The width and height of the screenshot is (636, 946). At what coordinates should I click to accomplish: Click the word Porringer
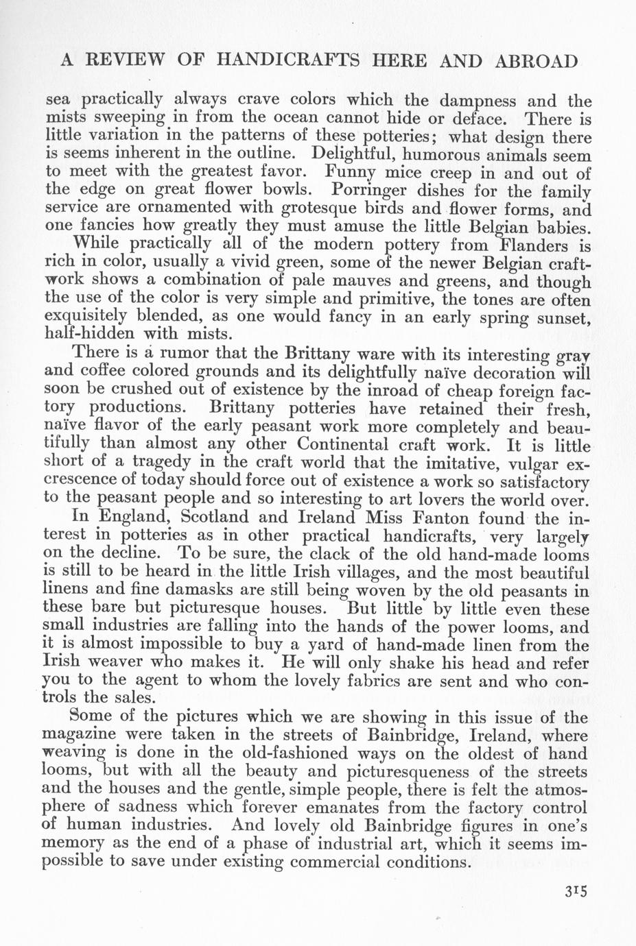(373, 190)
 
